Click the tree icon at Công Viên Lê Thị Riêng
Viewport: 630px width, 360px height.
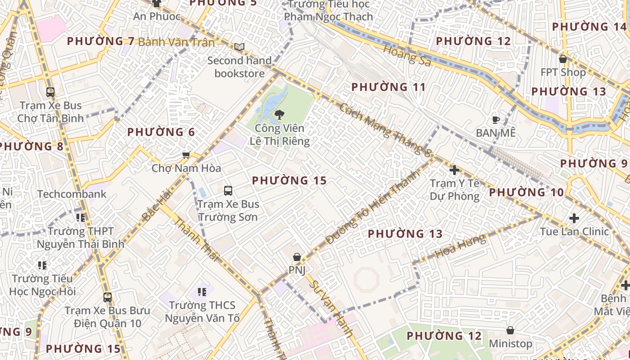pyautogui.click(x=279, y=114)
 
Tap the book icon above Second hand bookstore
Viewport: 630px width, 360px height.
pyautogui.click(x=239, y=47)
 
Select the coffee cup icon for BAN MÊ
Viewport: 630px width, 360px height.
pyautogui.click(x=495, y=120)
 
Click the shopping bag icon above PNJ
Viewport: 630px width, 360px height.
pyautogui.click(x=297, y=257)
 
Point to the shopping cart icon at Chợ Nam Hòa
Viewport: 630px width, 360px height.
pyautogui.click(x=186, y=155)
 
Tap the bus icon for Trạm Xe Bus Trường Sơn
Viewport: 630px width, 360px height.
pyautogui.click(x=228, y=190)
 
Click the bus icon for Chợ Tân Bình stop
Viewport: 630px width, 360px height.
pyautogui.click(x=50, y=92)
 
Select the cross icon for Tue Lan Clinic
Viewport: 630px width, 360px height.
pyautogui.click(x=574, y=218)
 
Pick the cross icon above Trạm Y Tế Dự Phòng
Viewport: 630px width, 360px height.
pyautogui.click(x=454, y=170)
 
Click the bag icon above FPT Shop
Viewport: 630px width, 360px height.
pyautogui.click(x=562, y=59)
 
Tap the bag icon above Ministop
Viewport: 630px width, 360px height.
pyautogui.click(x=510, y=330)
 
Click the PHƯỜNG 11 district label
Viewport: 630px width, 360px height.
pyautogui.click(x=388, y=87)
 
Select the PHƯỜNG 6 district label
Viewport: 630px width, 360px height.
pyautogui.click(x=161, y=132)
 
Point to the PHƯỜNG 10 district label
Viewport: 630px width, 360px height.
pyautogui.click(x=526, y=193)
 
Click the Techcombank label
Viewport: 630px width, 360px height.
pyautogui.click(x=72, y=194)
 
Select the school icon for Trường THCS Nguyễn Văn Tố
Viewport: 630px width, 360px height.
pyautogui.click(x=202, y=292)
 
